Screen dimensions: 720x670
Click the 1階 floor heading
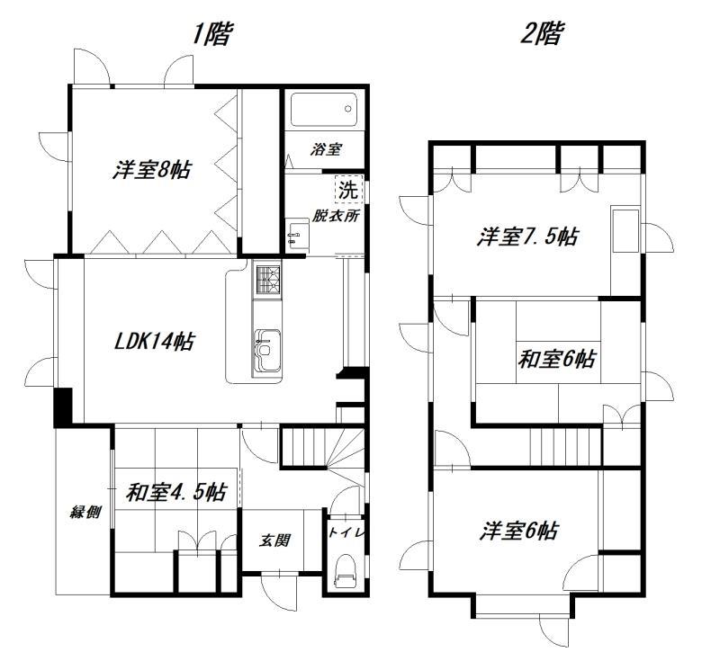point(211,34)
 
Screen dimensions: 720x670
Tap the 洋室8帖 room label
point(152,170)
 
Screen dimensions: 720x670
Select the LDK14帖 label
point(154,342)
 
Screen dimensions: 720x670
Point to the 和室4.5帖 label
point(175,493)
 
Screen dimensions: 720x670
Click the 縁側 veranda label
point(85,512)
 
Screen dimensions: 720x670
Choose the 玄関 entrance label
point(274,540)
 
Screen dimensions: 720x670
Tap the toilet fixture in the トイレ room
point(345,570)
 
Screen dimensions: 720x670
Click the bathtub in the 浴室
point(324,110)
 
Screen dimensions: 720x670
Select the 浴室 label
point(326,149)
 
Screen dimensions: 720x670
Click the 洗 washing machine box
point(348,189)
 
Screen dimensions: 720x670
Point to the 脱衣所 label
point(336,216)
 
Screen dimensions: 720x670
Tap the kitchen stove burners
point(267,280)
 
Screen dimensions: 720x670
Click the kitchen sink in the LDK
point(266,349)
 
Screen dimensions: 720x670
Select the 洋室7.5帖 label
point(527,237)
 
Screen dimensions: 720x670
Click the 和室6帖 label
point(557,359)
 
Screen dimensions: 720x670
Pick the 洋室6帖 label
point(519,531)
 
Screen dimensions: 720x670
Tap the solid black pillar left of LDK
point(63,407)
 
